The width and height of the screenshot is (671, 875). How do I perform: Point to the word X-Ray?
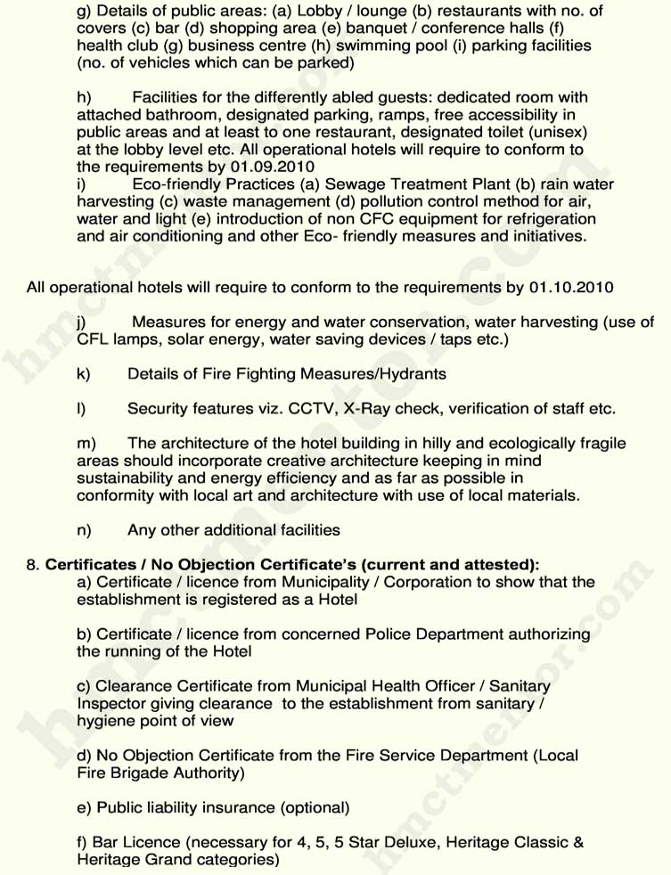click(x=370, y=409)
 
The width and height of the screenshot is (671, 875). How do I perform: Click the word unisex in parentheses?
click(x=558, y=132)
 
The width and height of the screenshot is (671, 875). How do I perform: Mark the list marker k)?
click(x=84, y=374)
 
